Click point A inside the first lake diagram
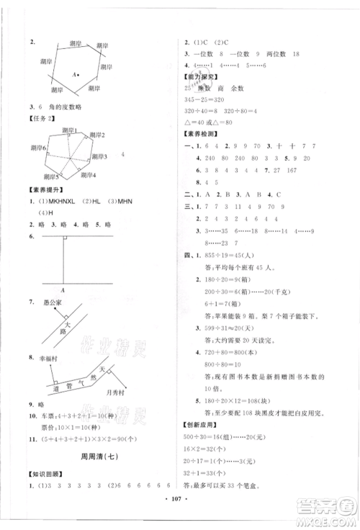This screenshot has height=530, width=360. click(x=74, y=73)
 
